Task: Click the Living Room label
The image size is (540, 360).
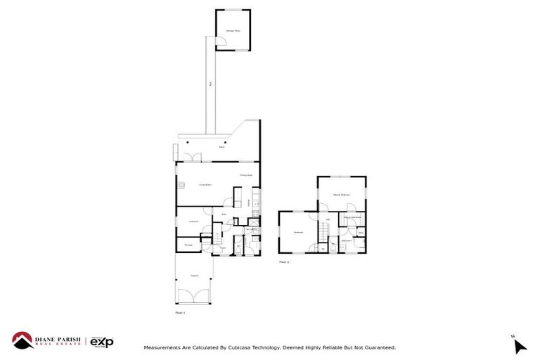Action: [x=204, y=185]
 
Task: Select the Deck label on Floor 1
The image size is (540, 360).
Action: [x=221, y=148]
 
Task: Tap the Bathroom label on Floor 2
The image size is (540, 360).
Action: [x=346, y=240]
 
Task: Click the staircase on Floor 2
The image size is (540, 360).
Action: [x=324, y=231]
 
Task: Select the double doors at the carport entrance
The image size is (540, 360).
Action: [x=194, y=295]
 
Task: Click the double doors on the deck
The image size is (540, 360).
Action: [x=195, y=156]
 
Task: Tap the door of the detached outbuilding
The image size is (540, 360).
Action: [x=220, y=45]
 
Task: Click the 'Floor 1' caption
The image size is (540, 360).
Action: [x=180, y=311]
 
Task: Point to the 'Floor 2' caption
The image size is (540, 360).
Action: [x=284, y=261]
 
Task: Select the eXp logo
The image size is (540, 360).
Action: [x=101, y=342]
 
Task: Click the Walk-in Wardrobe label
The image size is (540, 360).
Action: [x=352, y=217]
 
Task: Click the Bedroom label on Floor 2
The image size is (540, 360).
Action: [x=298, y=232]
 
